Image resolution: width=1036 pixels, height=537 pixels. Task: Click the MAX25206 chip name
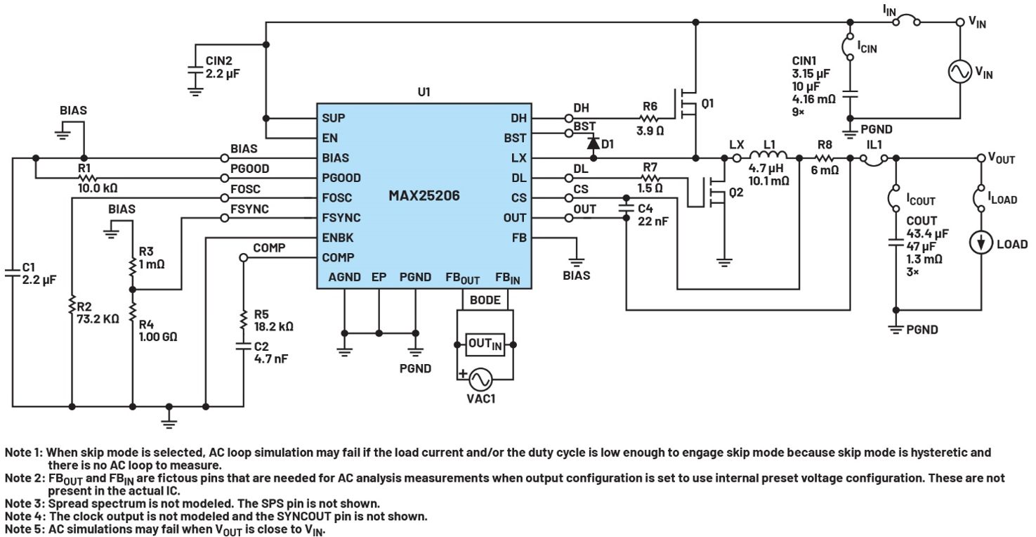coord(424,196)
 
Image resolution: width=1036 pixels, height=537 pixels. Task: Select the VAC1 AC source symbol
coord(480,380)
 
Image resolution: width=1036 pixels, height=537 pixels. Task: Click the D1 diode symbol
coord(594,143)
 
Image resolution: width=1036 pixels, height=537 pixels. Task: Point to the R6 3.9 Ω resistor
coord(650,119)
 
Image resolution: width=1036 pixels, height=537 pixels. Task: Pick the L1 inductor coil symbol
coord(768,155)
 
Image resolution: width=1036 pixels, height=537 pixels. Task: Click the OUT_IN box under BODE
coord(485,344)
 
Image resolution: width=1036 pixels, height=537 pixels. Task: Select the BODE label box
coord(485,300)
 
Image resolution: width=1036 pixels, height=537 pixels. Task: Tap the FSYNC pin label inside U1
coord(341,218)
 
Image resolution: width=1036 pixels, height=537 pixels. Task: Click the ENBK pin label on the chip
coord(338,238)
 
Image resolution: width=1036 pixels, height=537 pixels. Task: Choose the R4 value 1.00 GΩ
coord(158,337)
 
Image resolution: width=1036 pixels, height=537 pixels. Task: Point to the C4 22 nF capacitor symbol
coord(627,208)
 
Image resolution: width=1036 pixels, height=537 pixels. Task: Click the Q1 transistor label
coord(707,103)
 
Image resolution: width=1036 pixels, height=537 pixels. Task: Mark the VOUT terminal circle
coord(981,158)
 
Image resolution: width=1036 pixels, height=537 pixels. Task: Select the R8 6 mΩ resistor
coord(824,158)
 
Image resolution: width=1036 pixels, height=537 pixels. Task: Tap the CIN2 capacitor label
coord(218,60)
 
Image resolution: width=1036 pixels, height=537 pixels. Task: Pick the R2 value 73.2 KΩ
coord(98,319)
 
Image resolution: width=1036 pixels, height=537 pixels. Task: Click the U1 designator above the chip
coord(424,92)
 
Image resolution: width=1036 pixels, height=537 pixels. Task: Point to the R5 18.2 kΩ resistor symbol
coord(243,320)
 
